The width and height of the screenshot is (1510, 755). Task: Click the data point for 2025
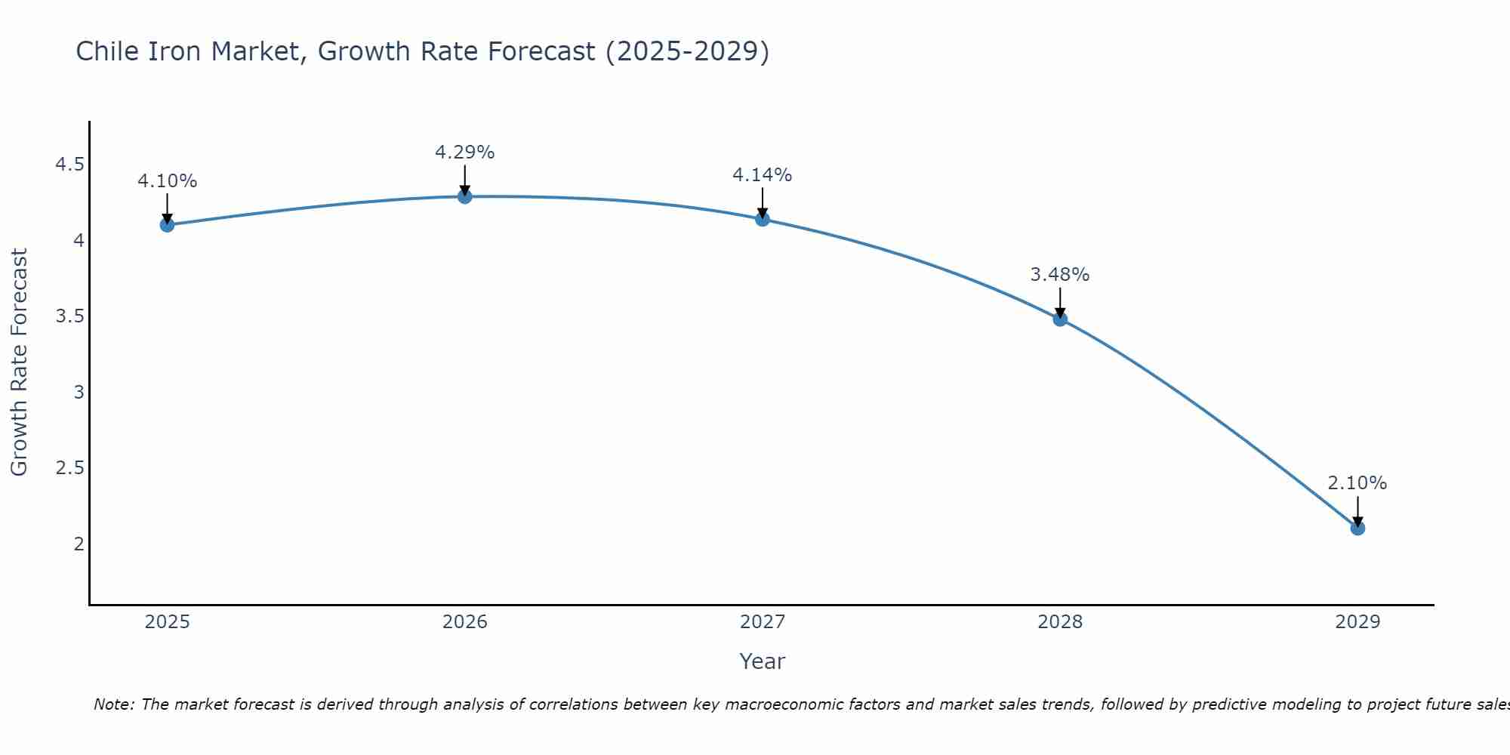coord(167,224)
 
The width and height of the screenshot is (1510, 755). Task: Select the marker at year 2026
coord(464,196)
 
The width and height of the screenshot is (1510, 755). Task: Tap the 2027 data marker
coord(763,219)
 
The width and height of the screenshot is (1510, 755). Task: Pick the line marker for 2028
coord(1060,319)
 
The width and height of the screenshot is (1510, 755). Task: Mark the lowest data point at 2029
coord(1357,528)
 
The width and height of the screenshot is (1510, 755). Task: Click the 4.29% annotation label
coord(464,153)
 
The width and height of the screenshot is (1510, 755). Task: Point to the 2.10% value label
coord(1357,483)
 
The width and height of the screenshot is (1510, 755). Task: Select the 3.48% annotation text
coord(1059,275)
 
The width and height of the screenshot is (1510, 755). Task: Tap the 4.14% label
coord(762,175)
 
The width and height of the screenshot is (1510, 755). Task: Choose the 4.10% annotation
coord(167,181)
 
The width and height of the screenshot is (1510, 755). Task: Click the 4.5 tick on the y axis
coord(69,165)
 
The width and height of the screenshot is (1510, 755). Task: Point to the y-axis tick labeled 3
coord(79,392)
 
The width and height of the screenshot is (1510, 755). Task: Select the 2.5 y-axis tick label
coord(69,468)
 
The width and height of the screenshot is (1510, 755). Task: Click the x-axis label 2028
coord(1060,622)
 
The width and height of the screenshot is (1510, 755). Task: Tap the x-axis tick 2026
coord(464,622)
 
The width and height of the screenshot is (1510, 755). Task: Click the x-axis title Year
coord(762,661)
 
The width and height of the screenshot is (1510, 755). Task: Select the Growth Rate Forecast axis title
coord(19,362)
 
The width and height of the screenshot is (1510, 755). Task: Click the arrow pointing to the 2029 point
coord(1357,510)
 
